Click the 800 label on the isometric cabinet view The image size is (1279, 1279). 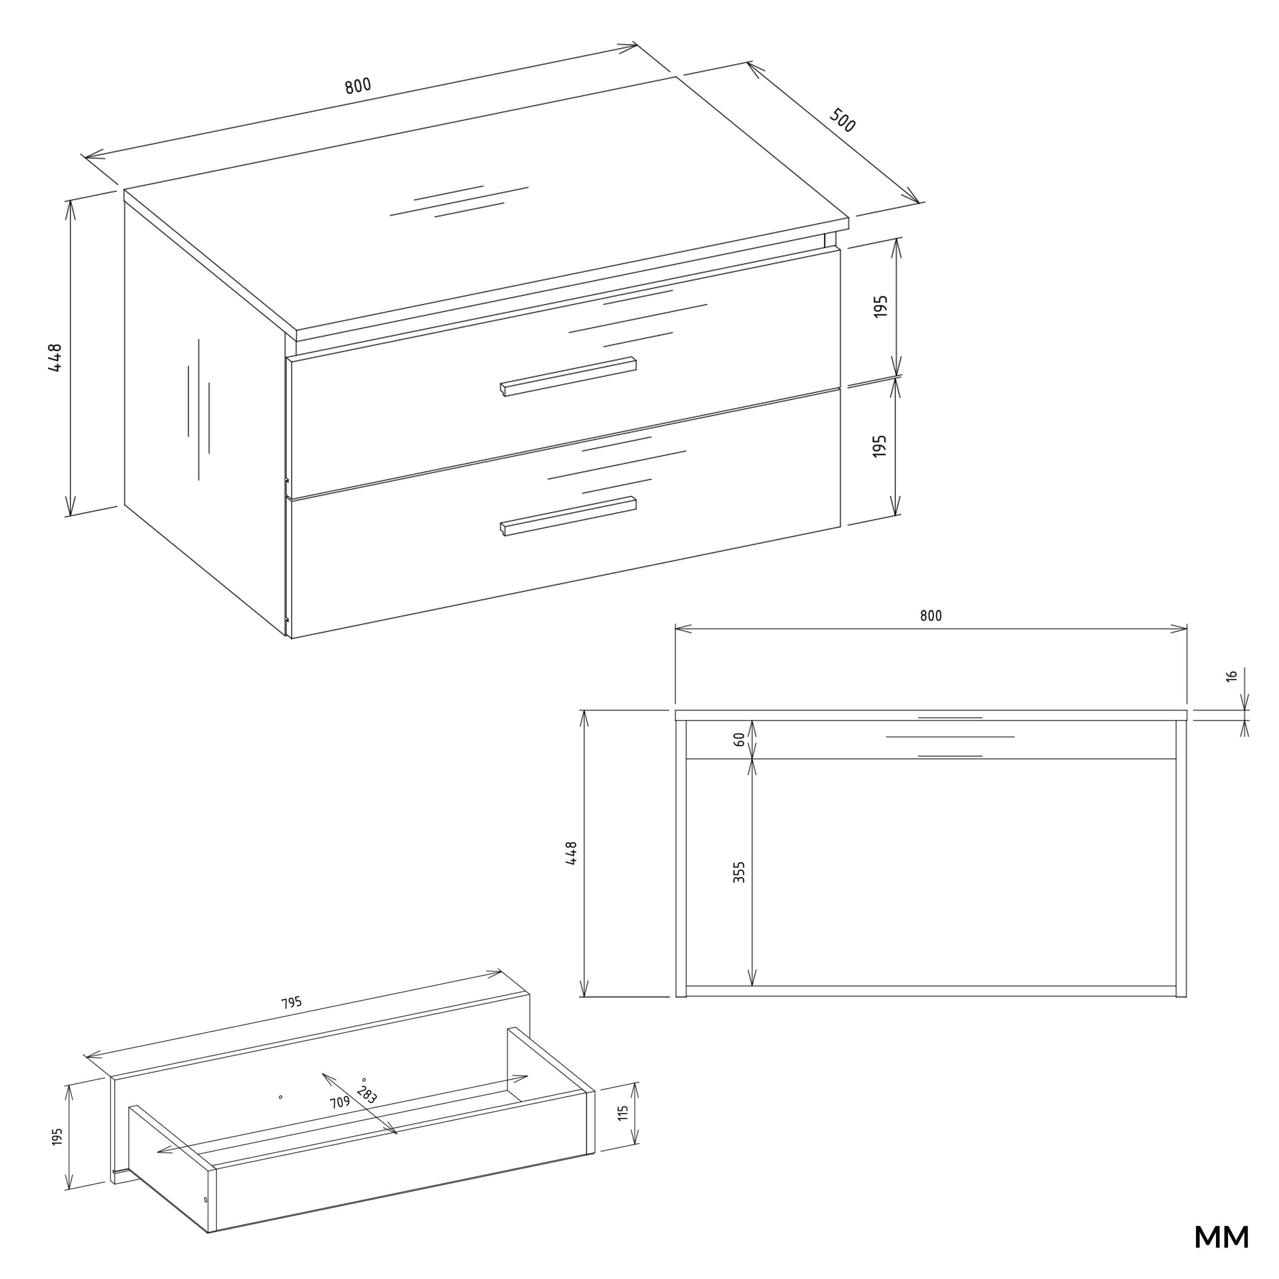(358, 86)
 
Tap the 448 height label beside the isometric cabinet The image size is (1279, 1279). (55, 358)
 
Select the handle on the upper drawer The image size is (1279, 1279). (568, 377)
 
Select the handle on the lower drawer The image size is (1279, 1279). (568, 516)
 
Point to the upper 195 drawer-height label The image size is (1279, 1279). (880, 306)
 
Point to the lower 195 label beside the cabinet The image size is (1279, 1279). (880, 446)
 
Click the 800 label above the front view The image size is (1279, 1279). (931, 616)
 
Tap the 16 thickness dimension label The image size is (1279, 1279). (1232, 676)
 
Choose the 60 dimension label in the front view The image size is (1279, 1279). (739, 740)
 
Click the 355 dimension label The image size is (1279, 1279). (739, 872)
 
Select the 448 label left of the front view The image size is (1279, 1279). (572, 853)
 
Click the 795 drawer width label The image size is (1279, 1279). (291, 1003)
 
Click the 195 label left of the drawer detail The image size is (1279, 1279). (57, 1137)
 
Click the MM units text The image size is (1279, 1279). (1222, 1238)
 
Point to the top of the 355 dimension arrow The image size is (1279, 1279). (752, 759)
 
